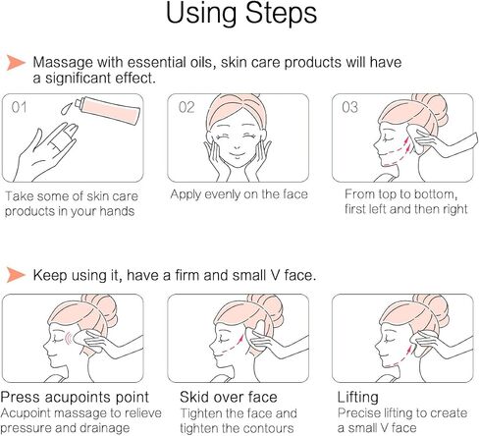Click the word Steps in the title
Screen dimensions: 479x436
(x=281, y=14)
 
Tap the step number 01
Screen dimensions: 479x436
(x=19, y=107)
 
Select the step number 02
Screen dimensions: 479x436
(x=186, y=107)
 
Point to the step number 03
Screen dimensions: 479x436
(x=349, y=107)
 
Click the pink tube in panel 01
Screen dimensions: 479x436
(x=108, y=110)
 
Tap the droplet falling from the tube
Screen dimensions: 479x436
(x=67, y=109)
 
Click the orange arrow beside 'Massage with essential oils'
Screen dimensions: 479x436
(x=16, y=62)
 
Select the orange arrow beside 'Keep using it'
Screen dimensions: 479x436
(x=16, y=274)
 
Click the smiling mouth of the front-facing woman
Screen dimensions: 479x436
(x=238, y=154)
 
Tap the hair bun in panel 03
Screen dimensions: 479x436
(x=431, y=106)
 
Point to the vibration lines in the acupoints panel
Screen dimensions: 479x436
(x=68, y=339)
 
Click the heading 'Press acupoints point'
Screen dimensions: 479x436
(x=75, y=398)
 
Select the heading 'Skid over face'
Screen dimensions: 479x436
(x=229, y=397)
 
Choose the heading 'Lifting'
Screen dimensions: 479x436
(x=358, y=398)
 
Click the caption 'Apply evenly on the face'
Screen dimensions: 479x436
(x=239, y=194)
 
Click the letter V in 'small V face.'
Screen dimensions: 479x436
(x=275, y=275)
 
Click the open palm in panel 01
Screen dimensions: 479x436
(x=47, y=154)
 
